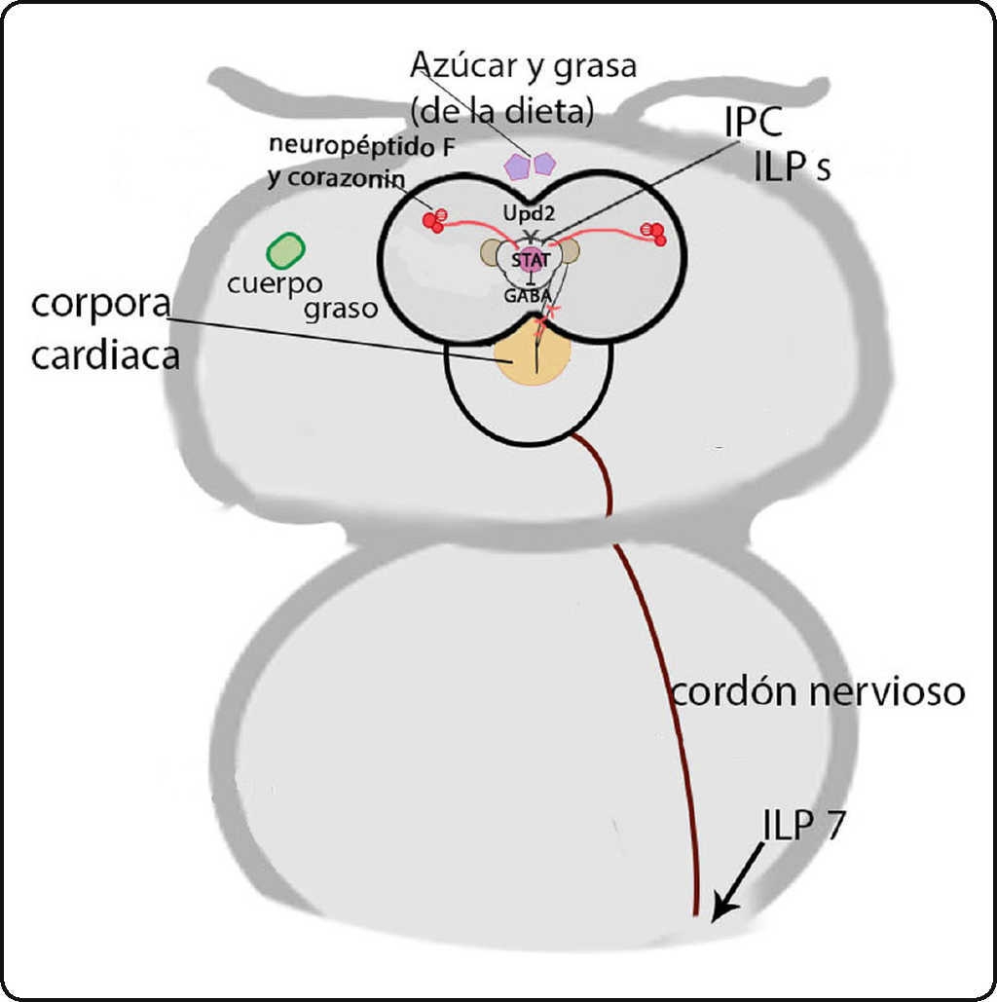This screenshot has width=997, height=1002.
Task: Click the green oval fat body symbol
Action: (285, 250)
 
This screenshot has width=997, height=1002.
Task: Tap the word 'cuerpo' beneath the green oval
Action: (274, 285)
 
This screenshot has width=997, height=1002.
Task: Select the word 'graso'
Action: (340, 312)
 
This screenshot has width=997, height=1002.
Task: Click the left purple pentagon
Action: (516, 167)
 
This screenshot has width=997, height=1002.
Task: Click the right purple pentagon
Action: (542, 162)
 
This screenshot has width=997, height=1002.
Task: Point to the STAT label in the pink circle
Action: (531, 260)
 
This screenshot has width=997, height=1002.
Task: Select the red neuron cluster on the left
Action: (434, 220)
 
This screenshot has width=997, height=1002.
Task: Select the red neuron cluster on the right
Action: (654, 232)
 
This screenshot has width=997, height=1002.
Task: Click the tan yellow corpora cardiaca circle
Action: (530, 358)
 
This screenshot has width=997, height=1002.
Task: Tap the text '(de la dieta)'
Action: (501, 110)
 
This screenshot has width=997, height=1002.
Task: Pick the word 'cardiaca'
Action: (105, 356)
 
